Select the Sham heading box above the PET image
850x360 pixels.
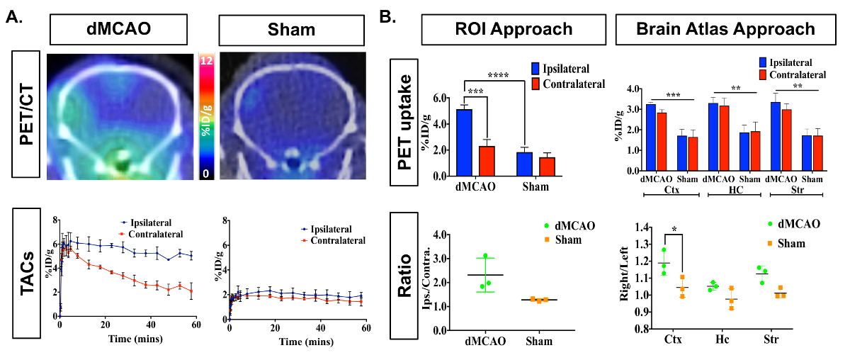point(292,30)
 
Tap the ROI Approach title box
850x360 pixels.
point(503,29)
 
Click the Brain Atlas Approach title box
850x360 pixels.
point(725,29)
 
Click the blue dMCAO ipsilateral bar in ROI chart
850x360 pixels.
point(464,142)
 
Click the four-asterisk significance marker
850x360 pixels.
point(500,74)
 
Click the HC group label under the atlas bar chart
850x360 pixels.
point(734,189)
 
